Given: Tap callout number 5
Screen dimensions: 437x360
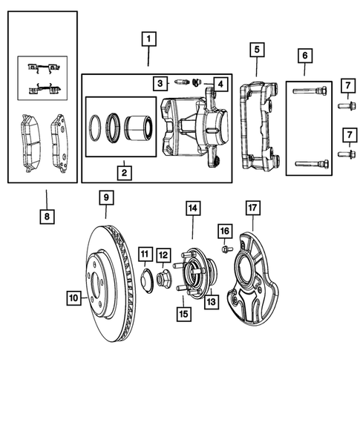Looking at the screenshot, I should point(256,50).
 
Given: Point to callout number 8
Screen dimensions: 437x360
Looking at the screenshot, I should point(46,217).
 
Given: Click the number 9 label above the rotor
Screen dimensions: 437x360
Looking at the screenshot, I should point(106,197).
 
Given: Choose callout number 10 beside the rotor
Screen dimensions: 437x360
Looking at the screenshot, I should point(73,298).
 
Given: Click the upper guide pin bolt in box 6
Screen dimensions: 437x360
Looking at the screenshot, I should point(309,92).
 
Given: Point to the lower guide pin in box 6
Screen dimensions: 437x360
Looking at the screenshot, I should point(309,164).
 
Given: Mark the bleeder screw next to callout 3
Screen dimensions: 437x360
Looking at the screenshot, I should point(182,81).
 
